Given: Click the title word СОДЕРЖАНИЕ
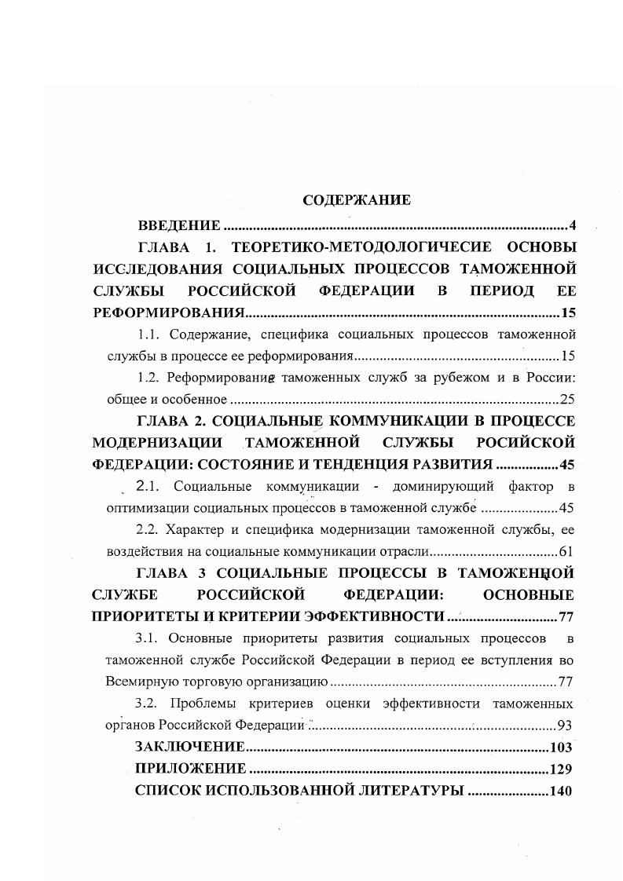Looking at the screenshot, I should click(357, 200).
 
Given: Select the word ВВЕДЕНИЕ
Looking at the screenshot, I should click(178, 226).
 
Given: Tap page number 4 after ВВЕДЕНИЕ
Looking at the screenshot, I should click(573, 226).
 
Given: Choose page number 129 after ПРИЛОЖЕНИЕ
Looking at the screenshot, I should click(561, 768).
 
